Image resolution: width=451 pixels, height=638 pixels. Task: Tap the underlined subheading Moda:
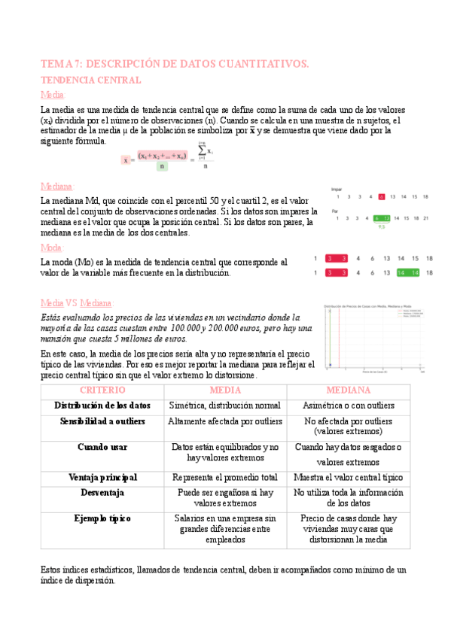click(53, 247)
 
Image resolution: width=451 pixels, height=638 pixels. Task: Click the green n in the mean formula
click(162, 166)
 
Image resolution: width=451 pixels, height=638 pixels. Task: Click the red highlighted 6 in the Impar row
click(382, 197)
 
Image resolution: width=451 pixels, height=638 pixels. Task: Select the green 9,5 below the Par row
click(382, 226)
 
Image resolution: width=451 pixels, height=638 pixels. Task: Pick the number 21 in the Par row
click(426, 218)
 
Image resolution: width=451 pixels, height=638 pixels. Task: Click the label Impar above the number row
click(336, 189)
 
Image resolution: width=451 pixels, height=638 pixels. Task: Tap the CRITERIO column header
click(102, 390)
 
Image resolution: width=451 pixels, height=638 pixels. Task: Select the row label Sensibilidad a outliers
click(102, 421)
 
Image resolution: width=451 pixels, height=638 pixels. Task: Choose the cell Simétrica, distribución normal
click(224, 405)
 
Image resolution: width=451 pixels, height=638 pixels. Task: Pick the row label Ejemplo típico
click(102, 518)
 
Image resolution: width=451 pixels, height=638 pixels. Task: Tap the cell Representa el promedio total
click(224, 477)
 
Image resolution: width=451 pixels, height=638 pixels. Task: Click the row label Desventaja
click(102, 493)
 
